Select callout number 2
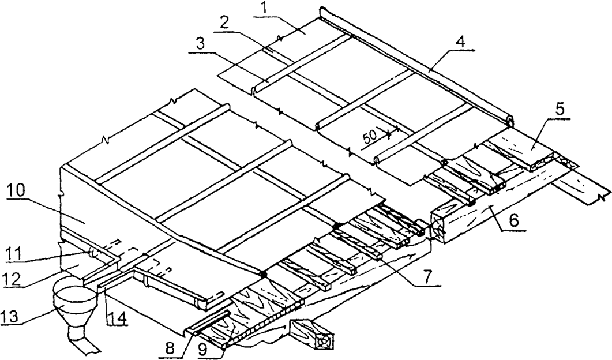pyautogui.click(x=224, y=24)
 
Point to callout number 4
pyautogui.click(x=461, y=42)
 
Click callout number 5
pyautogui.click(x=560, y=109)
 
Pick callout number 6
pyautogui.click(x=513, y=221)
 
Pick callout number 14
pyautogui.click(x=116, y=318)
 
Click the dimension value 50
pyautogui.click(x=370, y=137)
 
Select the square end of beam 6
pyautogui.click(x=438, y=227)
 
